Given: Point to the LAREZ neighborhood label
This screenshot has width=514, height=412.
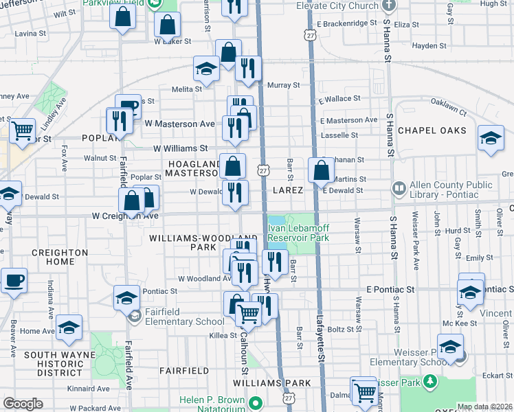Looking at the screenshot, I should coord(288,190).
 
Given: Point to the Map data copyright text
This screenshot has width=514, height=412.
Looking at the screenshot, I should coord(484,407).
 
